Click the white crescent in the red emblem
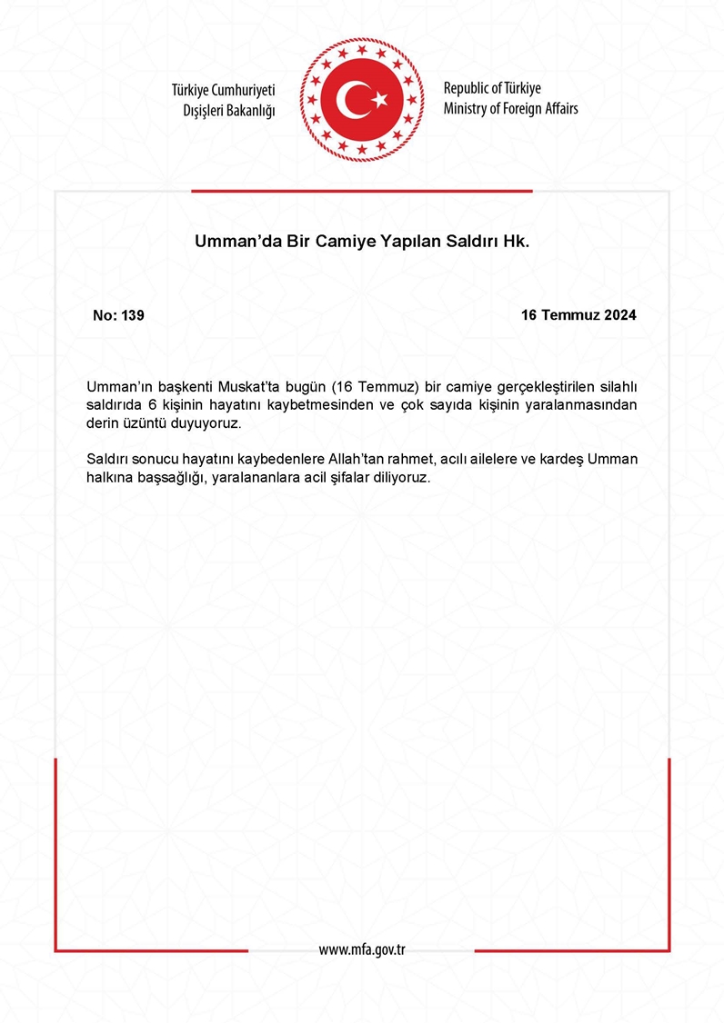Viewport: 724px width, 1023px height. [x=351, y=98]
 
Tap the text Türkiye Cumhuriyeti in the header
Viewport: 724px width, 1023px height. [x=223, y=90]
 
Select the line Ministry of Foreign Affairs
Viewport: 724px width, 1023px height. [x=510, y=109]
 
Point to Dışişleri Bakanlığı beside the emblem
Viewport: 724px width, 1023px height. [x=229, y=110]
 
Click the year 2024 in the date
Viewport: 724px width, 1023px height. [x=618, y=315]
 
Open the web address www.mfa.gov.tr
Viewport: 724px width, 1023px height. [x=361, y=949]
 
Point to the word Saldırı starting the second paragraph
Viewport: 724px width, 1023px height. [x=109, y=460]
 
